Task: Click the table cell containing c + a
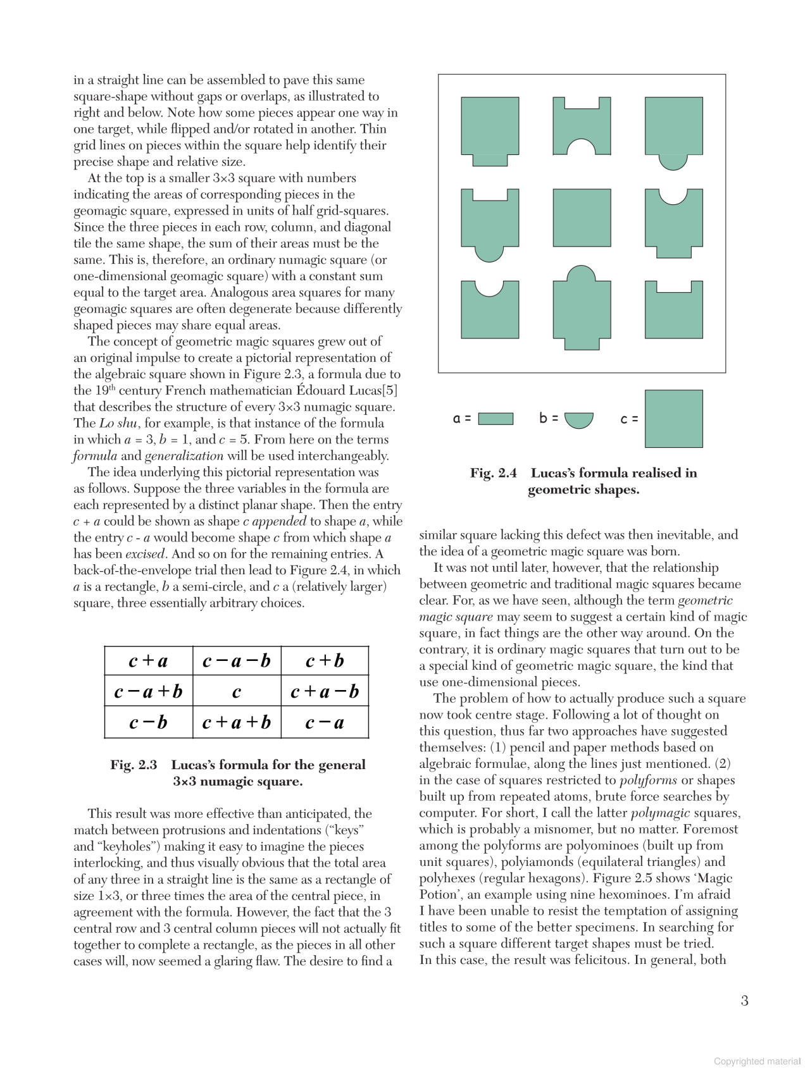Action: [x=148, y=661]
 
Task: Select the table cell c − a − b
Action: [x=237, y=661]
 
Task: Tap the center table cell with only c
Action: [x=237, y=691]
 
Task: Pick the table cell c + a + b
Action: [x=237, y=722]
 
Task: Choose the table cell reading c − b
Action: [x=148, y=722]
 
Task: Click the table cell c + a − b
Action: [x=325, y=691]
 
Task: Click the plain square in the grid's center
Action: [x=582, y=218]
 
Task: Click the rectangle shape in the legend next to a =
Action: [x=495, y=419]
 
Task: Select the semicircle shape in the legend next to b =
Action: [x=578, y=419]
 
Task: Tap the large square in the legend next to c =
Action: [x=673, y=419]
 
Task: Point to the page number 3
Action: [x=744, y=1001]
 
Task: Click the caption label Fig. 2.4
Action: [x=493, y=473]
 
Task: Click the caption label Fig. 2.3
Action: [x=134, y=765]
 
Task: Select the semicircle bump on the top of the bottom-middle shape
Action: [x=582, y=273]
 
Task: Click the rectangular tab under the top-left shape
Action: [x=490, y=160]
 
